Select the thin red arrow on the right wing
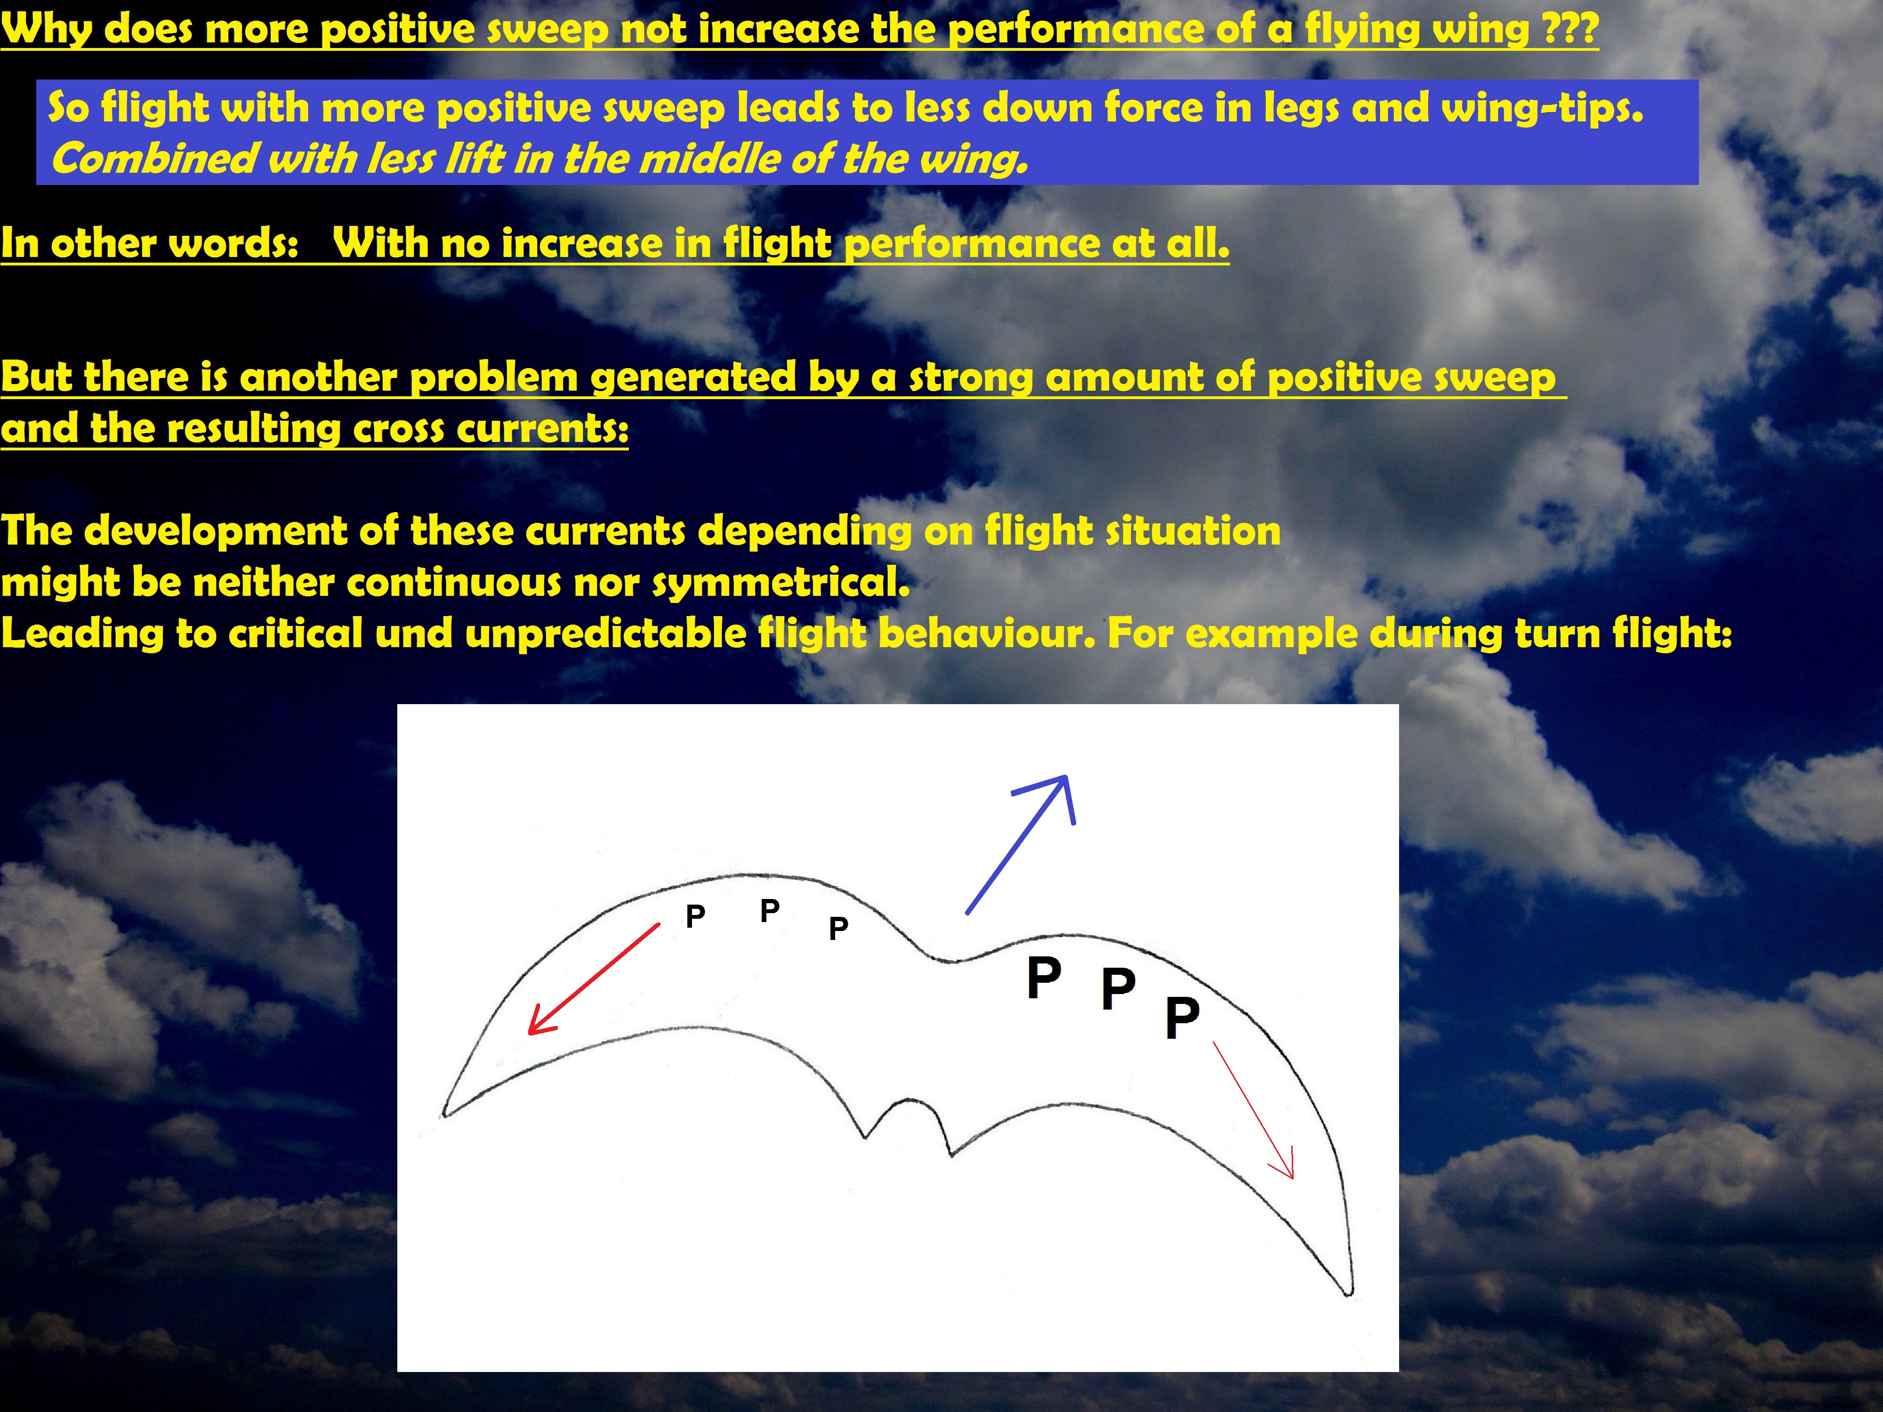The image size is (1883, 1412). [x=1253, y=1112]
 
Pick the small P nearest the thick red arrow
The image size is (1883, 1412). [x=695, y=916]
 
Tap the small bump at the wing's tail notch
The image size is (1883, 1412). [x=908, y=1104]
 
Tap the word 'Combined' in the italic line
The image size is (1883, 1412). [x=153, y=159]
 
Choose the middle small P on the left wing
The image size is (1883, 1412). [x=770, y=910]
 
